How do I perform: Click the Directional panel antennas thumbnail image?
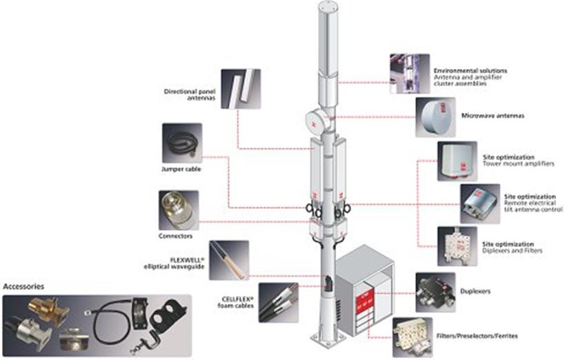tap(240, 88)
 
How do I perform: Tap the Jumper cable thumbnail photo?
tap(181, 143)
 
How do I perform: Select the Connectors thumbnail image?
tap(178, 210)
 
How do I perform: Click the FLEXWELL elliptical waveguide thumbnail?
tap(228, 260)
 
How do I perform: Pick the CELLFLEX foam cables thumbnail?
tap(279, 302)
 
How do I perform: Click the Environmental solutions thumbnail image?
tap(409, 73)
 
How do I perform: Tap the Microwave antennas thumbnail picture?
tap(435, 117)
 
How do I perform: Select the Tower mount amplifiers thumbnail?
tap(457, 161)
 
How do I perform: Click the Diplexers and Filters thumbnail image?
tap(457, 246)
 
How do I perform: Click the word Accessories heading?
tap(24, 286)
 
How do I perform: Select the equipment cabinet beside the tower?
tap(363, 293)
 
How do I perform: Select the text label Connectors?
tap(176, 236)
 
